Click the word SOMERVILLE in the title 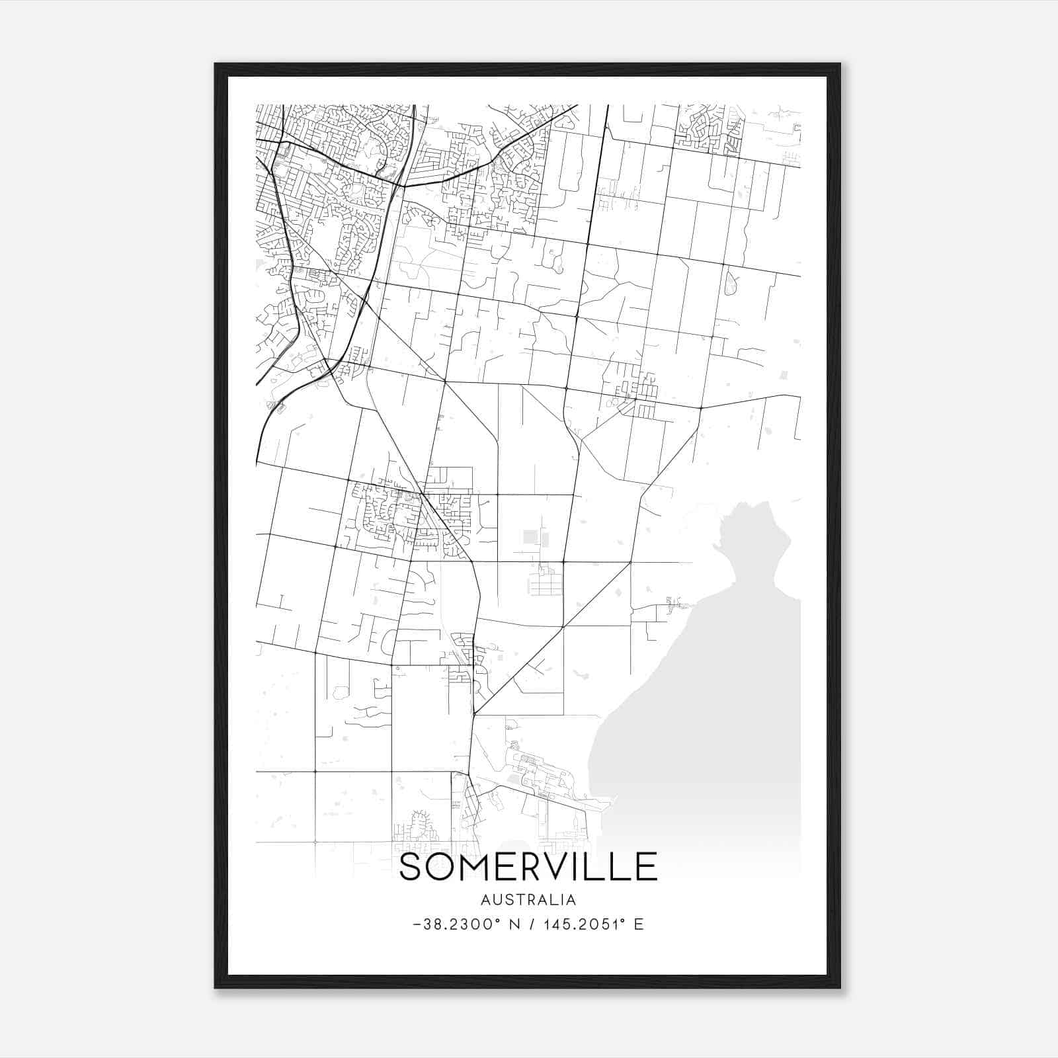(528, 867)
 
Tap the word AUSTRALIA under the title (528, 900)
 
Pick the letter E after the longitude (639, 924)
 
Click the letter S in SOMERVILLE (411, 867)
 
